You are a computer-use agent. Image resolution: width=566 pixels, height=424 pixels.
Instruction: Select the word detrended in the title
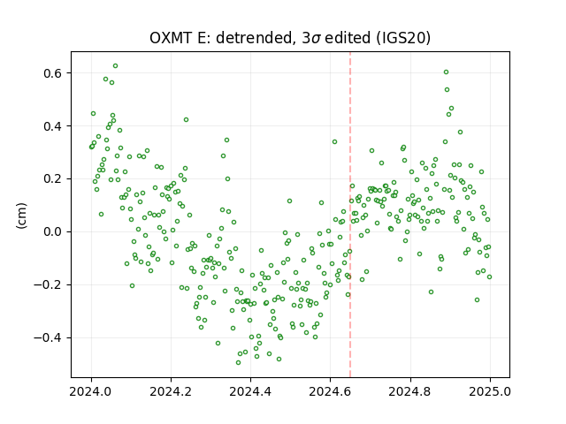click(254, 38)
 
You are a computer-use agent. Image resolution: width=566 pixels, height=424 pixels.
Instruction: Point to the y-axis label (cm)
click(21, 216)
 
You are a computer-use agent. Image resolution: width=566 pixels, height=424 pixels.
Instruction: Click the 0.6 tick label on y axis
click(53, 73)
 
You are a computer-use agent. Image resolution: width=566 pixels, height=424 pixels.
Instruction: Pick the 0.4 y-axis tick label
click(53, 126)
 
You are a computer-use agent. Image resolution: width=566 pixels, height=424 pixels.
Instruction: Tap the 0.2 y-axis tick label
click(53, 179)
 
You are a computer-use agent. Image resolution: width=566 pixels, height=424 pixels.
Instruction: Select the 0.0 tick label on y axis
click(53, 231)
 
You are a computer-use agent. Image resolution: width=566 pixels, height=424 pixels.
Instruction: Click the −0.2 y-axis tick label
click(48, 284)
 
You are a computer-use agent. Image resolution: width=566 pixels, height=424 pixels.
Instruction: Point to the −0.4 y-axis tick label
click(48, 337)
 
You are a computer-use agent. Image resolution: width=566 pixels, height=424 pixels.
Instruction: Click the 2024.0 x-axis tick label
click(91, 391)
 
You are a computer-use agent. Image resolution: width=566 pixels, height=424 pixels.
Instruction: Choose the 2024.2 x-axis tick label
click(171, 391)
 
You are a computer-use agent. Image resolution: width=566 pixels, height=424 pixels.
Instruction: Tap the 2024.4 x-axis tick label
click(250, 391)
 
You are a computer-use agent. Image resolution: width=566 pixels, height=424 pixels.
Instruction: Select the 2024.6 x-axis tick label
click(330, 391)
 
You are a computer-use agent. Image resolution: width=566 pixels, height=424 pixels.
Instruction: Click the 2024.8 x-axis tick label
click(410, 391)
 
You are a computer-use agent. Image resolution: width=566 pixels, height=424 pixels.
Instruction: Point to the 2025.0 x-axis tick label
click(490, 391)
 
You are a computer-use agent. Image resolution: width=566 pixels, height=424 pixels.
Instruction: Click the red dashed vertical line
click(350, 215)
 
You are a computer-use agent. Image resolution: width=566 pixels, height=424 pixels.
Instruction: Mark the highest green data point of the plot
click(116, 66)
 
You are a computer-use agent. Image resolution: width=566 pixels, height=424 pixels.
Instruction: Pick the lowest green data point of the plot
click(238, 362)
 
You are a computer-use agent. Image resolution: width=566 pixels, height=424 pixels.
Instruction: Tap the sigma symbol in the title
click(317, 39)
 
